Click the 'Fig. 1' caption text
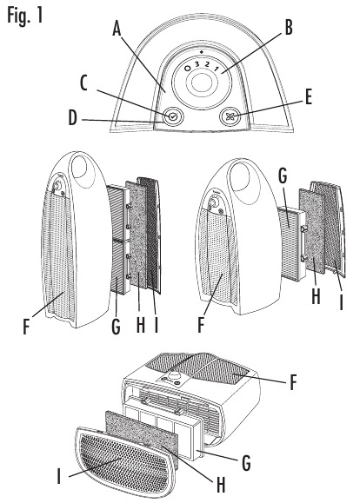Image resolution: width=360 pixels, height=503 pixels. tap(25, 17)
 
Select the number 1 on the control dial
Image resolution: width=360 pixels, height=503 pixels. tap(217, 69)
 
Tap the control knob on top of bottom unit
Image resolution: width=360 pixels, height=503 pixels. tap(175, 378)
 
